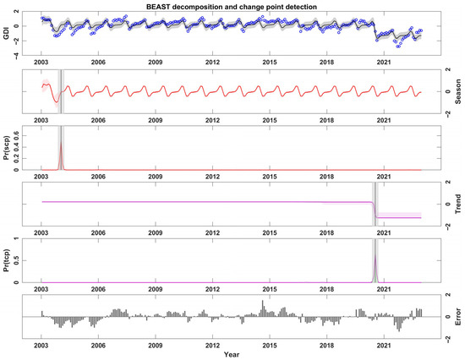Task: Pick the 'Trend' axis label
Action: (457, 205)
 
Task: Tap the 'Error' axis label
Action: (457, 317)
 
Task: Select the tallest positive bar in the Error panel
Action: (263, 302)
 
